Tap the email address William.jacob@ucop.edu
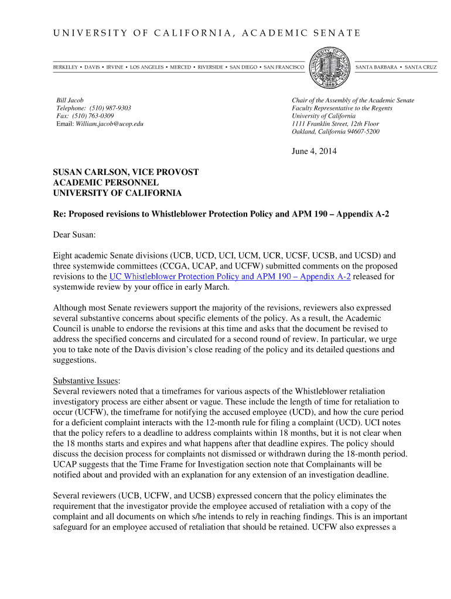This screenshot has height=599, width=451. tap(109, 123)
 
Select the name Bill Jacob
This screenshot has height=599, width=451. tap(70, 101)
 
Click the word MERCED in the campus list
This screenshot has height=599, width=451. tap(180, 67)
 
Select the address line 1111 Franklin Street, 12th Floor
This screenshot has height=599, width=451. tap(335, 123)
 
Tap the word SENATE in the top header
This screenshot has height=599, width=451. tap(334, 33)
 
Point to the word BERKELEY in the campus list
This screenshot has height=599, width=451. tap(66, 67)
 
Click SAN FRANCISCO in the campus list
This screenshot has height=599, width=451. tap(284, 67)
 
